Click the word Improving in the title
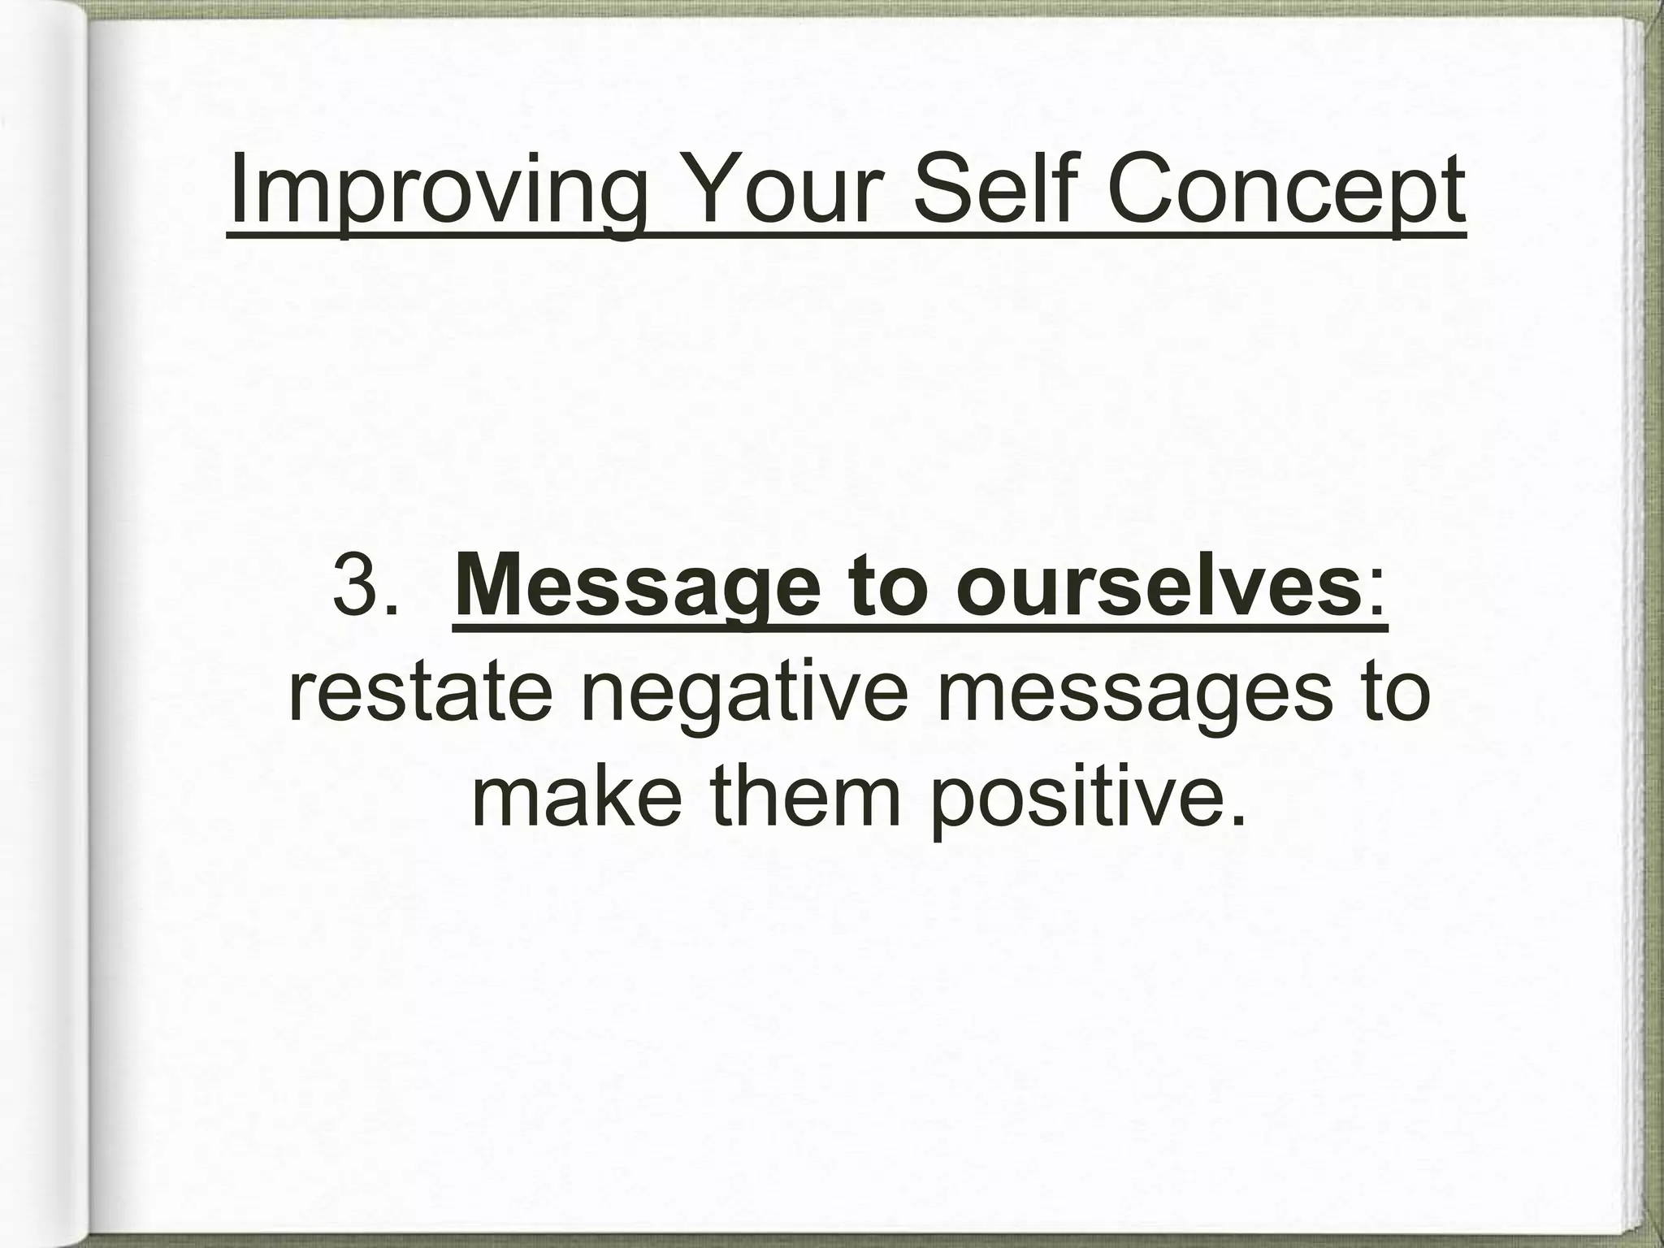tap(440, 192)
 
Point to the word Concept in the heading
tap(1285, 192)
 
